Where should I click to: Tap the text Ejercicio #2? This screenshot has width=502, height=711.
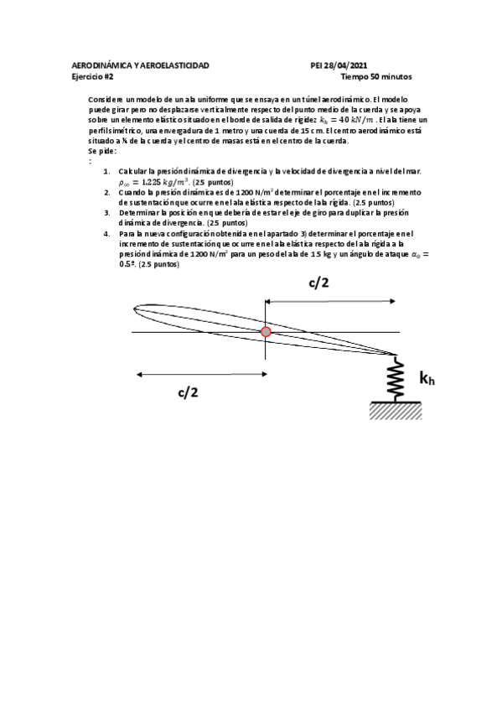pos(94,75)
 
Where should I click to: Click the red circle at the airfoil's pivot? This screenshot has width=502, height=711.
pos(266,332)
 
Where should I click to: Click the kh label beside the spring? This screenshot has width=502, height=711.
pos(427,379)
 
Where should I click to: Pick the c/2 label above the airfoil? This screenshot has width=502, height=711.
pos(318,283)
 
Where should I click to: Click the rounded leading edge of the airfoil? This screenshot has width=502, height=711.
pos(136,310)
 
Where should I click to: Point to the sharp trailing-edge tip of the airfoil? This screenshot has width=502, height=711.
pos(396,355)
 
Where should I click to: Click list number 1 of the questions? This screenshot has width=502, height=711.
pos(106,170)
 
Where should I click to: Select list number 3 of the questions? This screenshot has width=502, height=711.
pos(106,213)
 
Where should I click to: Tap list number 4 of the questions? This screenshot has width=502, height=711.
pos(106,233)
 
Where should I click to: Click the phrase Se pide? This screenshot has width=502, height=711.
pos(102,151)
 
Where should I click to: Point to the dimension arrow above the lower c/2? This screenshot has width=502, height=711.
pos(201,374)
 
